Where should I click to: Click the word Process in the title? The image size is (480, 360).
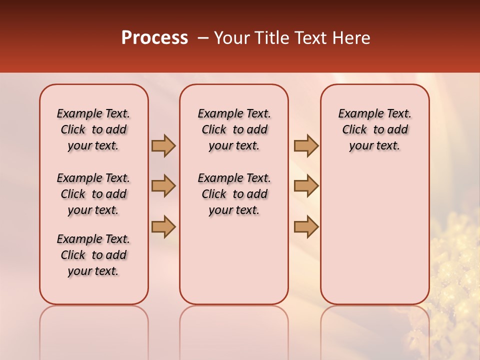point(154,38)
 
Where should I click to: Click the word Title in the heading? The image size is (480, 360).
point(270,38)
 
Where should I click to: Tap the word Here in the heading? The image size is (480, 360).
point(350,38)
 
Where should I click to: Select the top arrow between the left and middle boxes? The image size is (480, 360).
point(163,145)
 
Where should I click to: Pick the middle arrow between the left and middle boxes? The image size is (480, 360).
point(163,186)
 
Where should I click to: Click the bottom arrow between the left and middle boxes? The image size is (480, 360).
point(163,226)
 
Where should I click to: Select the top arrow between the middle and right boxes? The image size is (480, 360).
point(306,145)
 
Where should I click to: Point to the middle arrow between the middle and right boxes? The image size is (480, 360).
point(306,186)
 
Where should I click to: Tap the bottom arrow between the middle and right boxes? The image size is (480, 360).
point(306,226)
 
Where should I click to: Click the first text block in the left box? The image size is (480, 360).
point(93,129)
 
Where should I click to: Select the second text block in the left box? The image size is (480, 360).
point(93,194)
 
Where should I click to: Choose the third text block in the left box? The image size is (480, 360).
point(93,255)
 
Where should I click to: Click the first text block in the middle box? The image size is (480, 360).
point(234,129)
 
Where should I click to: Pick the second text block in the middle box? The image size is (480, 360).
point(234,194)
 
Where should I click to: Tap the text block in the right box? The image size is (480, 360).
point(374,129)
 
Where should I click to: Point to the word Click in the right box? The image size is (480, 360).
point(354,130)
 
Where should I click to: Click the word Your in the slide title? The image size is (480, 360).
point(231,38)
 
